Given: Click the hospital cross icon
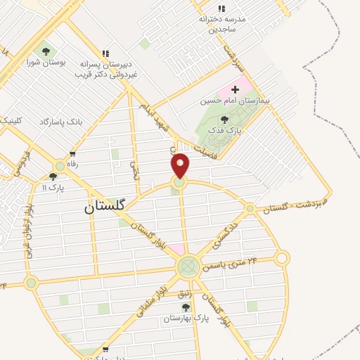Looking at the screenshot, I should (x=235, y=90).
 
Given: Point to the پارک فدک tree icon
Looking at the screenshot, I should (x=224, y=120).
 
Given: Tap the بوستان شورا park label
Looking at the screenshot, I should (x=49, y=63).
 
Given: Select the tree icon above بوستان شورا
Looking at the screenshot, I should (x=46, y=51).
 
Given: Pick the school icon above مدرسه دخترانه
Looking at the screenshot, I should (x=222, y=8).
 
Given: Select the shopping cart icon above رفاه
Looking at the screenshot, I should (x=72, y=154).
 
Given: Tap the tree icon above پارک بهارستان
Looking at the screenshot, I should (x=186, y=307).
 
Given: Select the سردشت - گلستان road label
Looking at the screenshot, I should (x=293, y=205).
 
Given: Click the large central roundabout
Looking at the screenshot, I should (x=188, y=266).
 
